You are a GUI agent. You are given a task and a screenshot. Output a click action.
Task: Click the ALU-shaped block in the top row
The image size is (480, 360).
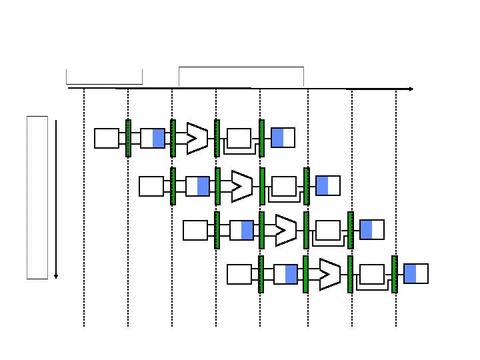[x=197, y=138]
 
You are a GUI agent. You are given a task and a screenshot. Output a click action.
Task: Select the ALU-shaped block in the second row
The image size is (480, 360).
[x=241, y=186]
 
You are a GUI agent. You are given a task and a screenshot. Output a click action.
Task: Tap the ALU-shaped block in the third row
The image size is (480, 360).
[x=285, y=229]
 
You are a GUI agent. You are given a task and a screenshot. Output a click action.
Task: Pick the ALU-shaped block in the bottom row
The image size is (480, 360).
[x=329, y=274]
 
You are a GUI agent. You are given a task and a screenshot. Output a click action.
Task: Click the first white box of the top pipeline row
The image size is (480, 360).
[x=107, y=138]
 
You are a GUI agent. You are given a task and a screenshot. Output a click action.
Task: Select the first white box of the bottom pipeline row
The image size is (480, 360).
[x=239, y=274]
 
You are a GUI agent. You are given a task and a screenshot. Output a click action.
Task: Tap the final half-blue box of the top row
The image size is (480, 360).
[x=283, y=137]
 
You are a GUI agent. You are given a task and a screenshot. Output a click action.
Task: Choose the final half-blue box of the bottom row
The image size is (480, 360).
[x=416, y=273]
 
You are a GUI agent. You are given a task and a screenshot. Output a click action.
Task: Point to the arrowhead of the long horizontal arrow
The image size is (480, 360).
[x=411, y=89]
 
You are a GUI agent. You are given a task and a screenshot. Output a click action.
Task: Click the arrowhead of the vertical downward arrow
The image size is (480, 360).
[x=56, y=275]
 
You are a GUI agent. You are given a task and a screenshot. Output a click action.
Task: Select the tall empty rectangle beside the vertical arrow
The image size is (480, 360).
[x=37, y=197]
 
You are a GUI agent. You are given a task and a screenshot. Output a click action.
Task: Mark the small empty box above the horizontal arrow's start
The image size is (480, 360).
[x=105, y=76]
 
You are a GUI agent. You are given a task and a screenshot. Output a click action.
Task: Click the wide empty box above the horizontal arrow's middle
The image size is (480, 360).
[x=241, y=76]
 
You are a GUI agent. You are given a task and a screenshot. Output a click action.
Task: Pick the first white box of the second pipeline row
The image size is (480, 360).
[x=151, y=186]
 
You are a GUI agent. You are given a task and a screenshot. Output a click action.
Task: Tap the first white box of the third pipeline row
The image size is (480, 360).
[x=195, y=230]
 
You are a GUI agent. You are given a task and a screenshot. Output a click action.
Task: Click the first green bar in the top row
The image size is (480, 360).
[x=128, y=138]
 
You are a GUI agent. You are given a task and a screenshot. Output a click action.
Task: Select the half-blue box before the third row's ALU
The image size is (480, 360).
[x=241, y=230]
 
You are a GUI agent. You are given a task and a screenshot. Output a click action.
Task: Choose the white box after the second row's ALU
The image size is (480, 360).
[x=284, y=186]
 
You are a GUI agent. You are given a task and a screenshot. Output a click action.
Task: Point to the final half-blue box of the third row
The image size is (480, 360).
[x=372, y=229]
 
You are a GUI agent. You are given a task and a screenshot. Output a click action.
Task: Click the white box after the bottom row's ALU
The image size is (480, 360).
[x=372, y=274]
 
